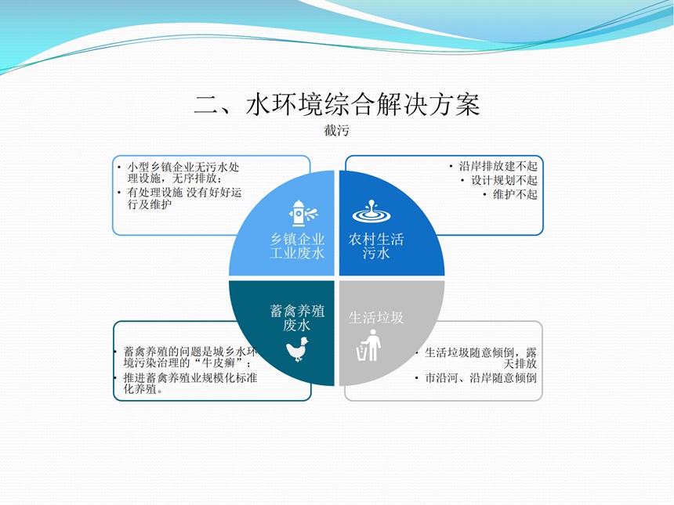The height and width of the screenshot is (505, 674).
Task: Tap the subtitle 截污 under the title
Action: (x=336, y=131)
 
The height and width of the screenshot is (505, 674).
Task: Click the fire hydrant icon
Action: (x=303, y=213)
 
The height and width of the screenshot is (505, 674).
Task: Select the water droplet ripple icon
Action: (x=371, y=211)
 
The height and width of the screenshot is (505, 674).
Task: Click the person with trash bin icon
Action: (x=369, y=345)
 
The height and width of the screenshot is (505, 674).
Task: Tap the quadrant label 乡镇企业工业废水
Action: (x=297, y=246)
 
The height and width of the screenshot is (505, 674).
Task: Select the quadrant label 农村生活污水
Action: (x=376, y=246)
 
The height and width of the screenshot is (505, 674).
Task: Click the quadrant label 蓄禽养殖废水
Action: (x=297, y=318)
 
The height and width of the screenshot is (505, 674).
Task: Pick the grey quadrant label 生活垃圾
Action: (x=376, y=318)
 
